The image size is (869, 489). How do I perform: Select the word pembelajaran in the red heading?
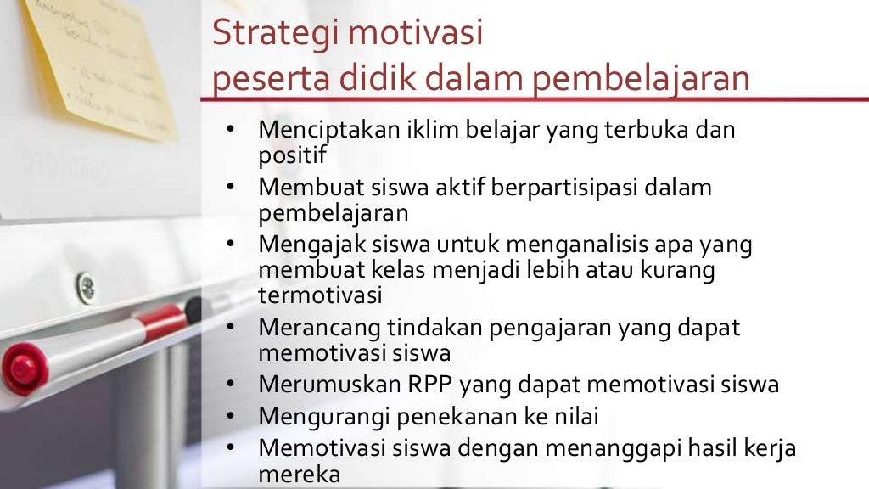(642, 79)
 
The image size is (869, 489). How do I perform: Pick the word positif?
(292, 155)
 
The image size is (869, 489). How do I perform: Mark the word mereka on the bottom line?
(300, 473)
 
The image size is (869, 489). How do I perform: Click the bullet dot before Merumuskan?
(230, 385)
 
